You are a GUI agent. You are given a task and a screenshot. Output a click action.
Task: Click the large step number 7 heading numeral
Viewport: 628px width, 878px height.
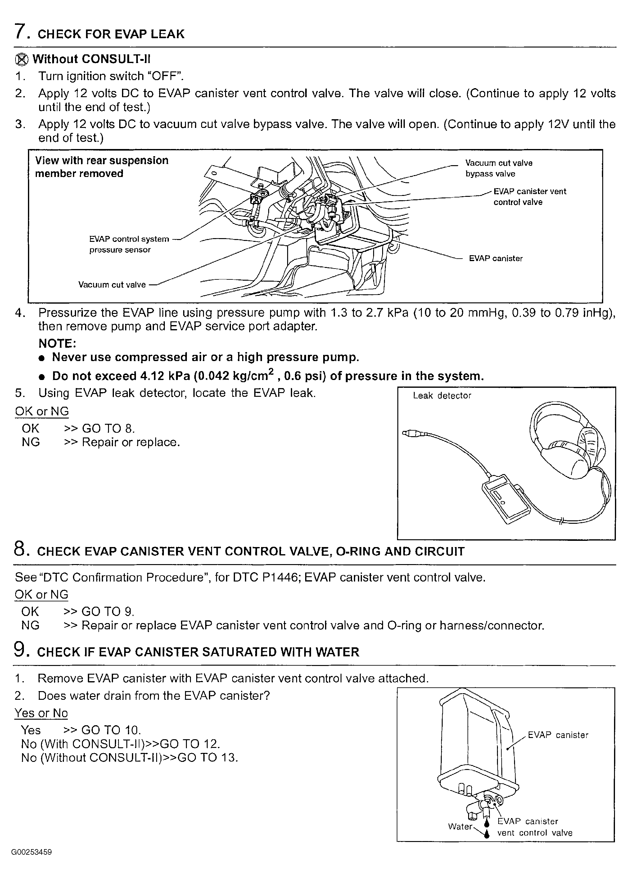20,32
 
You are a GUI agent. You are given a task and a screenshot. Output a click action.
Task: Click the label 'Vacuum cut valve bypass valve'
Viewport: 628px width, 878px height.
499,168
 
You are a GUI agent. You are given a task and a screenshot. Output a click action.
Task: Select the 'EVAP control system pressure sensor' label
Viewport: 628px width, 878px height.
129,244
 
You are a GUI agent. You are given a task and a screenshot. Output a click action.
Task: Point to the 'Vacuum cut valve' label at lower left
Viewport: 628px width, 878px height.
112,285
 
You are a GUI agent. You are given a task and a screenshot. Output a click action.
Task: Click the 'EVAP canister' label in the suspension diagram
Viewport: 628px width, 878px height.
495,258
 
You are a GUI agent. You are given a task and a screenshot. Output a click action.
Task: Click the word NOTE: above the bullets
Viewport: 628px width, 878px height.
57,343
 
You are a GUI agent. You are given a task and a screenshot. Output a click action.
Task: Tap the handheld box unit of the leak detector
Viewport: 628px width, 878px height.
506,500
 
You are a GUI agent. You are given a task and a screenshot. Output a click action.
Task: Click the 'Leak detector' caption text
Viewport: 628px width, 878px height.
442,395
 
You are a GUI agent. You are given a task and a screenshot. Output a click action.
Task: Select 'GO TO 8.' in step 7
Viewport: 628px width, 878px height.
108,428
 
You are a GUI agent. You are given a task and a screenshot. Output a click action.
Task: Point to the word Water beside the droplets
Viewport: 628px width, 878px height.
460,826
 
